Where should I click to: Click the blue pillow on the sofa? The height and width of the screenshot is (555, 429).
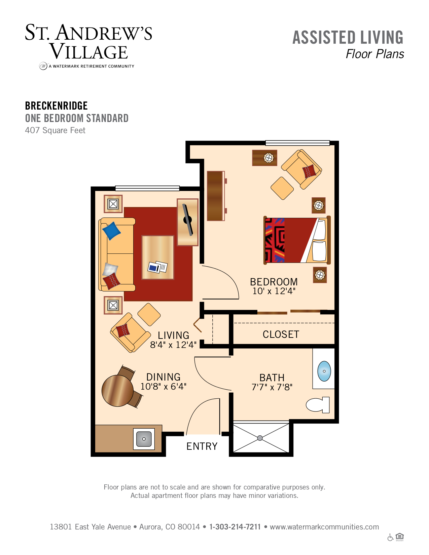pos(111,231)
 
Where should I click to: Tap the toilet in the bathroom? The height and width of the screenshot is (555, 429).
pos(318,405)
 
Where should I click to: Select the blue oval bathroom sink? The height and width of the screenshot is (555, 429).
pos(324,371)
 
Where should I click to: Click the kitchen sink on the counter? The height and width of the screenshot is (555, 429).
pos(144,439)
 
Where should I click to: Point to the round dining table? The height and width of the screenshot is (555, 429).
pos(118,391)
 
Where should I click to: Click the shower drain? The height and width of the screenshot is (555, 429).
pos(260,438)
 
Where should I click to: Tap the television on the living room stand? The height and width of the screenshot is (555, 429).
pos(188,220)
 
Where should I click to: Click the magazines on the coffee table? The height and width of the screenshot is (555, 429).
pos(157,267)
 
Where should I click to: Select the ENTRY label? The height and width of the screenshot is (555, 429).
pos(202,446)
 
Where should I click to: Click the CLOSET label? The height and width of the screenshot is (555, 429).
pos(281,334)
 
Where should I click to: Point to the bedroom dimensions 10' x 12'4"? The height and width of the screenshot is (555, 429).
pos(274,291)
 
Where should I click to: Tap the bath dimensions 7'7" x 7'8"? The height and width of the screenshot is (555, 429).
pos(272,387)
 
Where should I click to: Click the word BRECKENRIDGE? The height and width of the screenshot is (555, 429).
pos(56,106)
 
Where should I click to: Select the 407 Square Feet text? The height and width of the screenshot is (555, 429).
pos(55,130)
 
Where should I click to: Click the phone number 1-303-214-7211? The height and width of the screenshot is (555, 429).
pos(235,527)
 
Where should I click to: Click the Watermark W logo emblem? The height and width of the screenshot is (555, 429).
pos(43,66)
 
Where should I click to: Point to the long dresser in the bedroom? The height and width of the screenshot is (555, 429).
pos(216,196)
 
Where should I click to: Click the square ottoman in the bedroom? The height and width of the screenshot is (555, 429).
pos(282,188)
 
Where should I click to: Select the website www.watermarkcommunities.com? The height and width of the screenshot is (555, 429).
pos(324,527)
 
